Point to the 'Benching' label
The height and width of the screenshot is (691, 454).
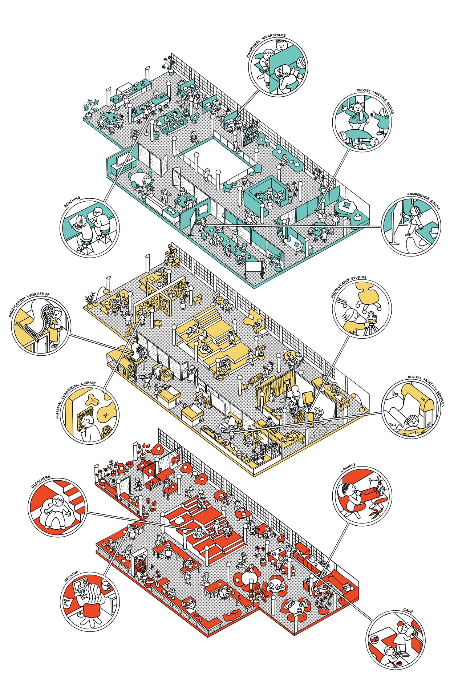coord(72,202)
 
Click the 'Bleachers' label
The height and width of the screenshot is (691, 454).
coord(40,482)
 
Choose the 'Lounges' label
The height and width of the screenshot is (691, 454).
coord(348,468)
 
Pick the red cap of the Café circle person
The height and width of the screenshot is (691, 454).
coord(400,624)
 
